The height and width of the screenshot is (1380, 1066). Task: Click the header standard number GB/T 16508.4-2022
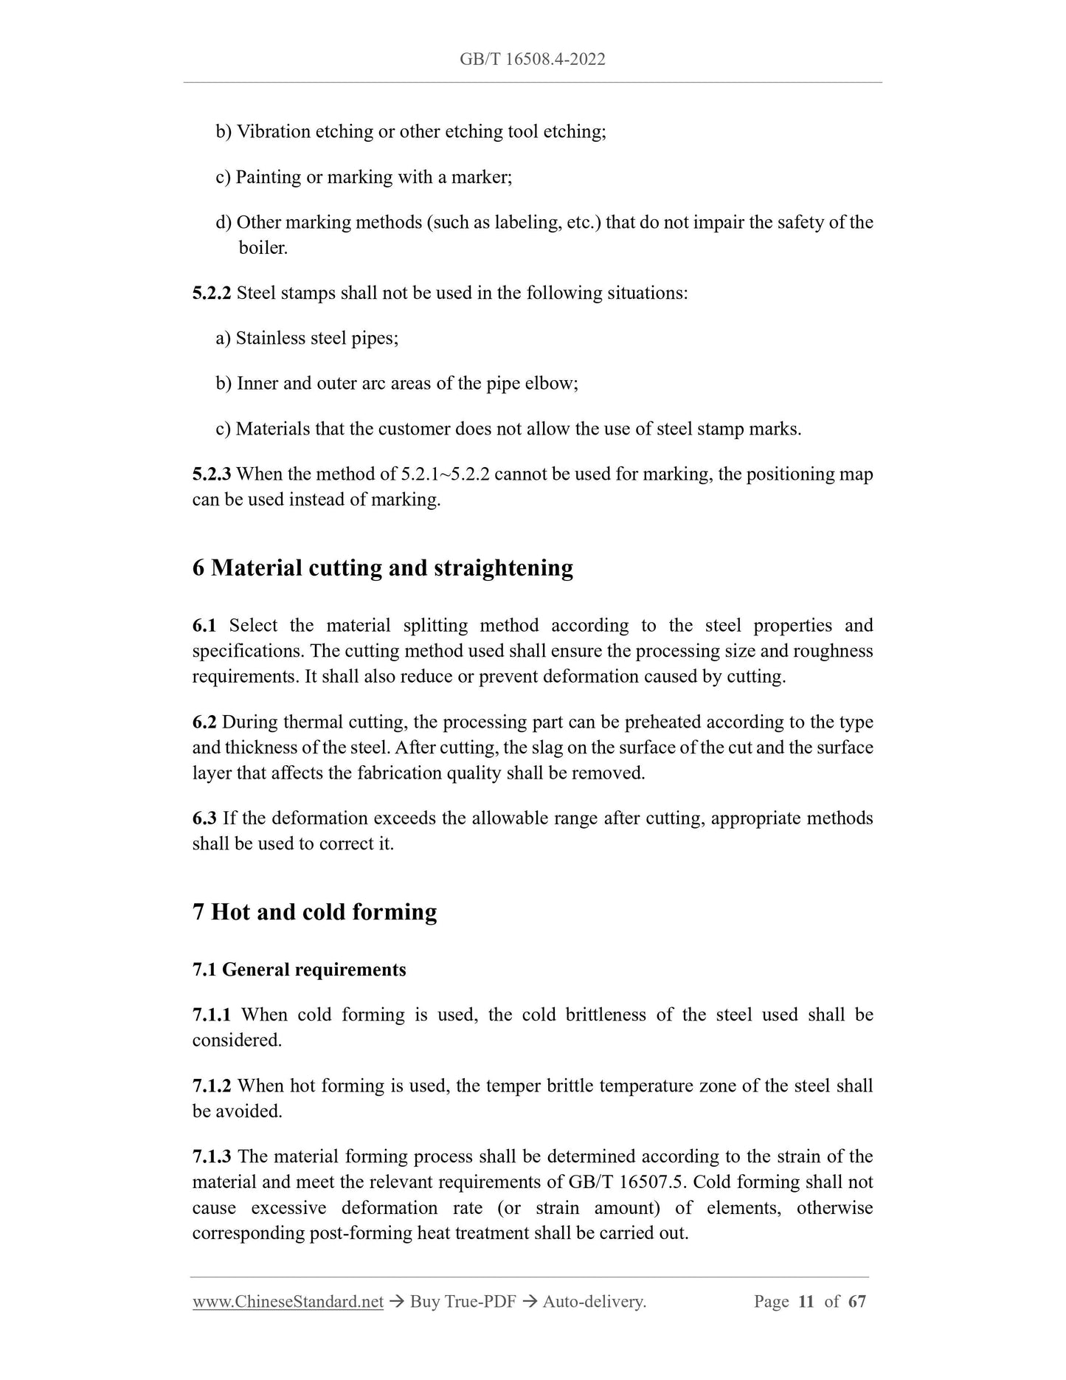coord(532,59)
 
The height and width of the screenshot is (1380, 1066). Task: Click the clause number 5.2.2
coord(211,293)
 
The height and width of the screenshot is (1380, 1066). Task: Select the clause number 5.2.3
coord(211,474)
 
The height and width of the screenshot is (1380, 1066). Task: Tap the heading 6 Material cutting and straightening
coord(382,567)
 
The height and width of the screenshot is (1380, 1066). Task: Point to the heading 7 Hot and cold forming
coord(314,911)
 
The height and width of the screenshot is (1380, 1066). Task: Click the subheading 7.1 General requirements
coord(299,969)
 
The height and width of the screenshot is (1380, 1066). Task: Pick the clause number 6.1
coord(204,626)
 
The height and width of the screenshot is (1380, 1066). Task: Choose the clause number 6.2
coord(204,722)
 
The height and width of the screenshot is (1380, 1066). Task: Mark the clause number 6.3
coord(204,818)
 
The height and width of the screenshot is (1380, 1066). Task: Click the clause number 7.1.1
coord(211,1015)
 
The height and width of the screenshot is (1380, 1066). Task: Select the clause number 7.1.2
coord(211,1086)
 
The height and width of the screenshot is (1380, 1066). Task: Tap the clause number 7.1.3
coord(211,1156)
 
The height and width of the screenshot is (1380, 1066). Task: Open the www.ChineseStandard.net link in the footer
coord(288,1302)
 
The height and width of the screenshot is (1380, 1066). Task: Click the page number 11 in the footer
coord(806,1302)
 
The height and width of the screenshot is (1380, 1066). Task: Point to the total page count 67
coord(856,1302)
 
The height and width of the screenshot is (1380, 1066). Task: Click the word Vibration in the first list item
coord(273,132)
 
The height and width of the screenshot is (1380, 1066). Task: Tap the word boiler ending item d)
coord(263,248)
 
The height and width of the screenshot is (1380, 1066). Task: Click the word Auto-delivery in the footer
coord(594,1302)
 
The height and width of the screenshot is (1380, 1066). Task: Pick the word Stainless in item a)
coord(271,339)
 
